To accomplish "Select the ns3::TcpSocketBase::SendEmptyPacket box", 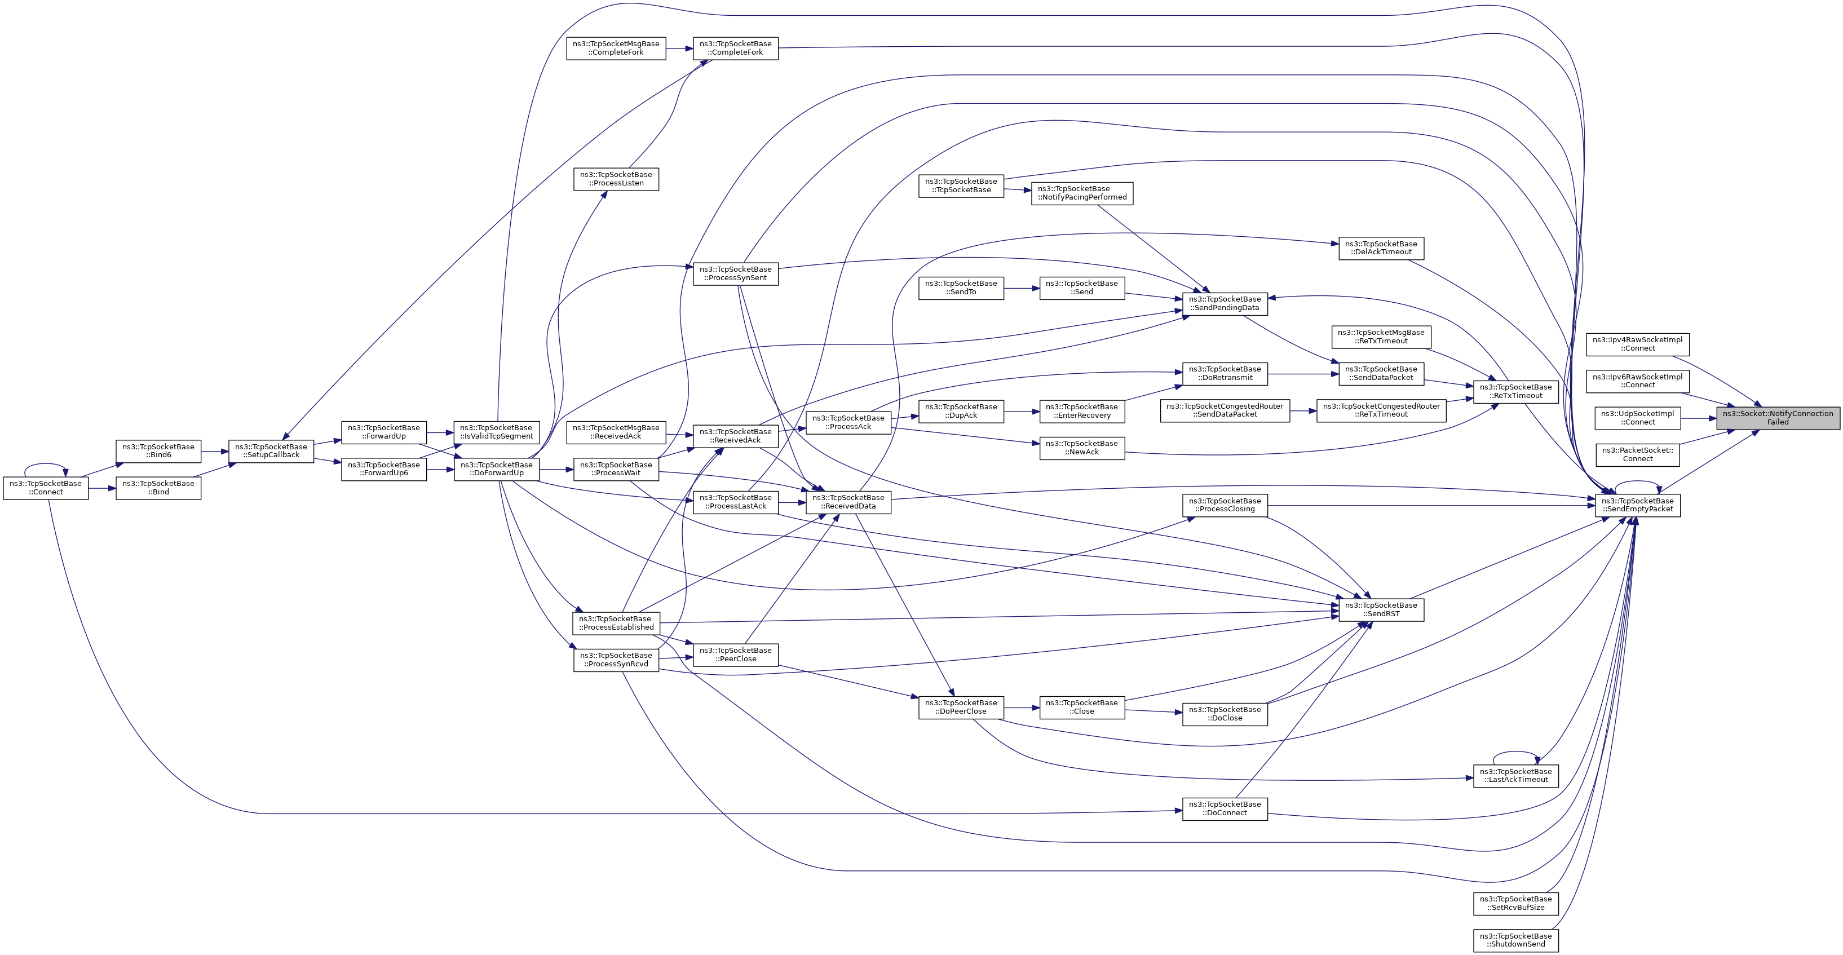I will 1638,505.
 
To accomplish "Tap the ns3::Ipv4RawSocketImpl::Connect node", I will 1638,344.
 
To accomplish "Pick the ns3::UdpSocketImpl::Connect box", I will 1638,418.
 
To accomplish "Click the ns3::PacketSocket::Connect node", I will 1638,454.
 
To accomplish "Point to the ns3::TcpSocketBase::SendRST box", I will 1381,609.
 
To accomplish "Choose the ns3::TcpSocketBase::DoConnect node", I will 1225,808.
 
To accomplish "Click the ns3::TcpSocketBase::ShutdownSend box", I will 1515,940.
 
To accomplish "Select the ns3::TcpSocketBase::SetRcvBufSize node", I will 1515,903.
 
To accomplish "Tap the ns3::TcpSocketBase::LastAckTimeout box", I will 1515,776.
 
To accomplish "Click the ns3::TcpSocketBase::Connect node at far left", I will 46,488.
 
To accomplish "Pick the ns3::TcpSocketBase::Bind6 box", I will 158,450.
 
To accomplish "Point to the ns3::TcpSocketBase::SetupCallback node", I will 271,450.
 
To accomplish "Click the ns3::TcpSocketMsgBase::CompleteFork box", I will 616,48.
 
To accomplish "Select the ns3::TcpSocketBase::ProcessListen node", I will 616,179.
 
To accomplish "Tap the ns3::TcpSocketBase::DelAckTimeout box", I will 1381,247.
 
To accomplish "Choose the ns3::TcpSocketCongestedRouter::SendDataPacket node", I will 1225,410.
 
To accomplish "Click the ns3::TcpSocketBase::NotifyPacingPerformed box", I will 1082,193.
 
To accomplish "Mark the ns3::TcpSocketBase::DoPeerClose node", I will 961,707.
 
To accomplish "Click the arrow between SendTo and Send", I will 1022,288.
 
